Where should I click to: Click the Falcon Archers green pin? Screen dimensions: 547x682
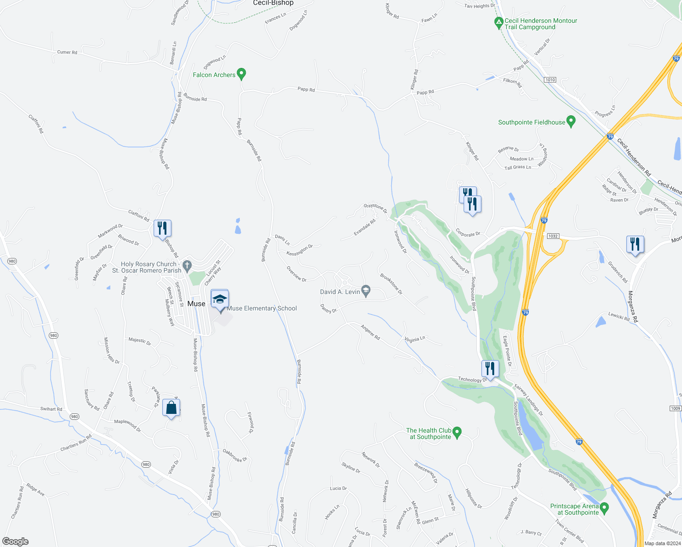(x=242, y=73)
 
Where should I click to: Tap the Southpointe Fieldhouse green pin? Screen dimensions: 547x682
(x=571, y=121)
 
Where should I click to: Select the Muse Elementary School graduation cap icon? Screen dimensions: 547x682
(x=220, y=299)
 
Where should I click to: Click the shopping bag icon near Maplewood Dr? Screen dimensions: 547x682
(x=171, y=408)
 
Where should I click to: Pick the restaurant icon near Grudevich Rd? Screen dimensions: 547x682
(x=635, y=244)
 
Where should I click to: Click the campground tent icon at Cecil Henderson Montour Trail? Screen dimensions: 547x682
(x=499, y=21)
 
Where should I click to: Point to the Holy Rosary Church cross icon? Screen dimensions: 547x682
(x=186, y=265)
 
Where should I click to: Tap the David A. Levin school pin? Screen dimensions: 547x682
(x=366, y=290)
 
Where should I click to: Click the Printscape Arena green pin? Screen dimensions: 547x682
(x=604, y=507)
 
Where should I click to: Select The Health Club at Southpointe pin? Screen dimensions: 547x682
(x=458, y=431)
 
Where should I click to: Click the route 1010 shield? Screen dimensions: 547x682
(x=550, y=80)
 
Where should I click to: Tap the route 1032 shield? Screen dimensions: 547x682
(x=553, y=236)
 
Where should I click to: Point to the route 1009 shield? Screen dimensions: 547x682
(x=676, y=408)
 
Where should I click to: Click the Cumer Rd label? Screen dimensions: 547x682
(x=67, y=52)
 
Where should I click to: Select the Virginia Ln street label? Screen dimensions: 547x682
(x=415, y=339)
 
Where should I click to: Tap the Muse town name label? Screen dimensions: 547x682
(x=196, y=304)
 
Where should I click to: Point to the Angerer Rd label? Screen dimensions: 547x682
(x=370, y=332)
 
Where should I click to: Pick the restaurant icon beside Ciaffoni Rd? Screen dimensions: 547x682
(x=162, y=228)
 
